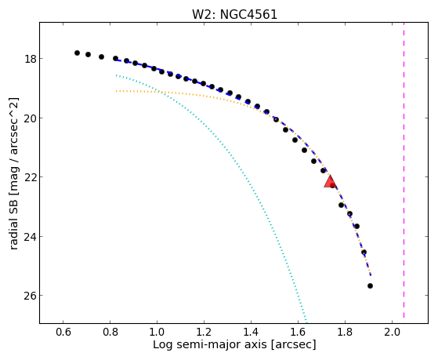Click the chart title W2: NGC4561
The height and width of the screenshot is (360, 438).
234,14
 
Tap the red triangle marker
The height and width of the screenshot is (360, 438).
330,181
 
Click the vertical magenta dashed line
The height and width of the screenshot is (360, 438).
404,170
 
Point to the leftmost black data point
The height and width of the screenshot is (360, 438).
77,53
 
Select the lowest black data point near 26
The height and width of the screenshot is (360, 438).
370,285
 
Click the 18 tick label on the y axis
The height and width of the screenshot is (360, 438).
31,59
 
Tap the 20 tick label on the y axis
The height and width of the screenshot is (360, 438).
31,118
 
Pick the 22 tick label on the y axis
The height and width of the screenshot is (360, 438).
31,177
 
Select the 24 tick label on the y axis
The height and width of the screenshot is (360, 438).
31,237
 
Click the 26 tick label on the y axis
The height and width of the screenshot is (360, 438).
31,296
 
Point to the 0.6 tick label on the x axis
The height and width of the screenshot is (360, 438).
63,332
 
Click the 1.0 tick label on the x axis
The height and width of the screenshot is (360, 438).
157,332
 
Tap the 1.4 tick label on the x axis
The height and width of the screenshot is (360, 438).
251,332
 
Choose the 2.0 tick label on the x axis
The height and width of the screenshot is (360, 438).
393,332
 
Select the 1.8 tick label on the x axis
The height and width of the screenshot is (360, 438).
346,332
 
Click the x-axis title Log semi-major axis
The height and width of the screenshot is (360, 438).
210,344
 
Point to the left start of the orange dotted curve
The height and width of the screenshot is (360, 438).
116,91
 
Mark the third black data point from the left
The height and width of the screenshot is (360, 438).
101,56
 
